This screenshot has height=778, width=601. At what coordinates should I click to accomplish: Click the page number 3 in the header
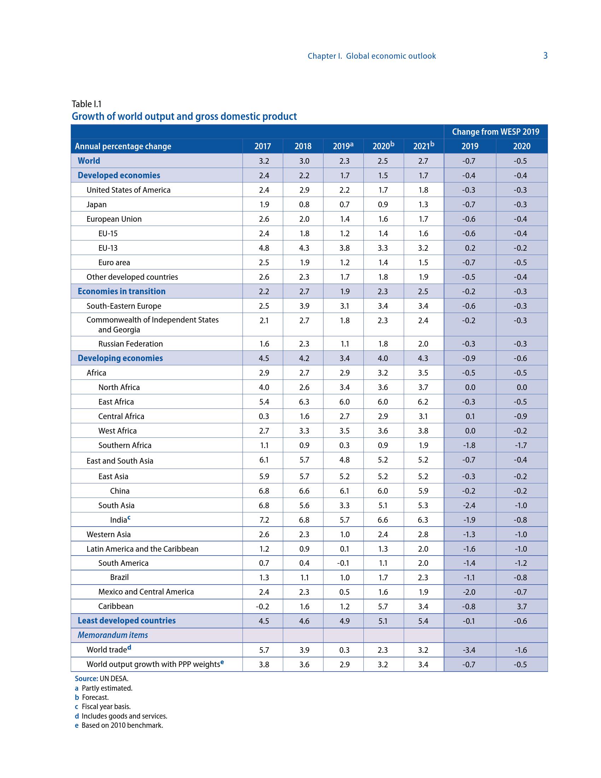pyautogui.click(x=545, y=56)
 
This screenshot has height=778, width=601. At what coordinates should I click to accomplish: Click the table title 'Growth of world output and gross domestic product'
pyautogui.click(x=184, y=116)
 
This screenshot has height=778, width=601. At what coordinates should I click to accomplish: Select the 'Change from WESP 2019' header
pyautogui.click(x=495, y=132)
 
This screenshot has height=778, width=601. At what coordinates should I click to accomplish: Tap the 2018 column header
pyautogui.click(x=303, y=146)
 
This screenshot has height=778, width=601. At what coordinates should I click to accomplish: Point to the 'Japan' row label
pyautogui.click(x=97, y=204)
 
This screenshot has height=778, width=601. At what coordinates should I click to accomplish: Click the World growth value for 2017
pyautogui.click(x=264, y=161)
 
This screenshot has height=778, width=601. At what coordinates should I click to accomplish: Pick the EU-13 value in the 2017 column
pyautogui.click(x=264, y=248)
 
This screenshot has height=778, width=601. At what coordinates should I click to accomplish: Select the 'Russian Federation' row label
pyautogui.click(x=130, y=344)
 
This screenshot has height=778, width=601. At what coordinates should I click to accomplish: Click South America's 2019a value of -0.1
pyautogui.click(x=344, y=563)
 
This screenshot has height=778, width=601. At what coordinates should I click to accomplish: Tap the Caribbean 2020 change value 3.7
pyautogui.click(x=521, y=606)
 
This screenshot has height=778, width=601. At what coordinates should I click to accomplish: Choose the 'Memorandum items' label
pyautogui.click(x=112, y=635)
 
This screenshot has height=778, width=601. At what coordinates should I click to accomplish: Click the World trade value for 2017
pyautogui.click(x=264, y=650)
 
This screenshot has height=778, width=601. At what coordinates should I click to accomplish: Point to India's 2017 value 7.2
pyautogui.click(x=264, y=520)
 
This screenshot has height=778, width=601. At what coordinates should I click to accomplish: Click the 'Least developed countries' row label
pyautogui.click(x=127, y=621)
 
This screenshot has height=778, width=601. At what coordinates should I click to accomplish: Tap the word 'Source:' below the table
pyautogui.click(x=86, y=679)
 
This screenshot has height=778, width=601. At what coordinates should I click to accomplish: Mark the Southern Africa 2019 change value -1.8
pyautogui.click(x=469, y=445)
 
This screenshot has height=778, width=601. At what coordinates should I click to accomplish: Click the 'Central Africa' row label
pyautogui.click(x=121, y=417)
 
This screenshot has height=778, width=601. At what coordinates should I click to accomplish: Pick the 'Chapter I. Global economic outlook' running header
pyautogui.click(x=371, y=56)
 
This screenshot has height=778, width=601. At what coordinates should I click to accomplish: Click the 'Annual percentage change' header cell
pyautogui.click(x=123, y=146)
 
